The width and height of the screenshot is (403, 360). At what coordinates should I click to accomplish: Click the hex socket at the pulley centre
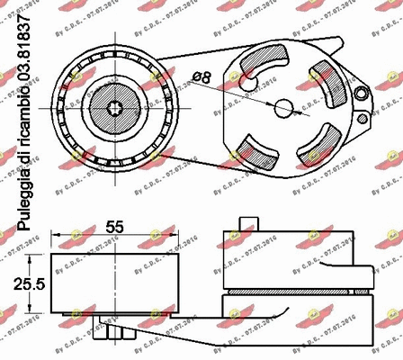115,108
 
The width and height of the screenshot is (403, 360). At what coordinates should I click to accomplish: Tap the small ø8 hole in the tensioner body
284,108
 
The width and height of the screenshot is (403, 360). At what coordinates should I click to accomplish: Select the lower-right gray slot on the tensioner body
316,145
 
